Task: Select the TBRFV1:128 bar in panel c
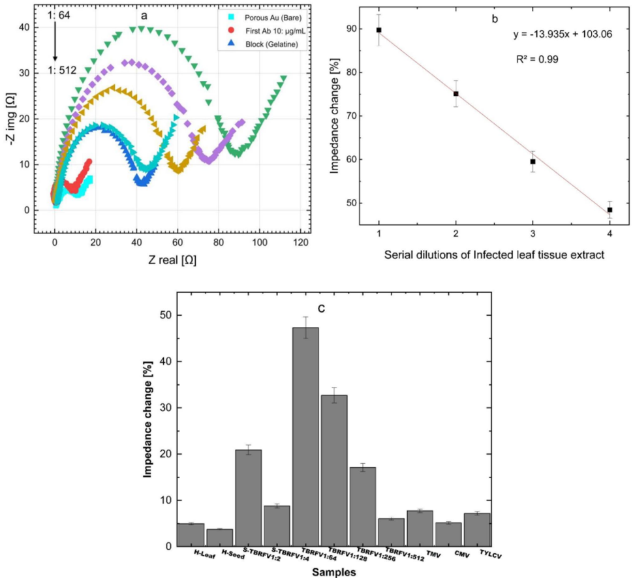[334, 470]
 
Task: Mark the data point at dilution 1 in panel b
[378, 30]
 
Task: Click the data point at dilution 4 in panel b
[610, 210]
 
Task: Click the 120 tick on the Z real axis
[301, 243]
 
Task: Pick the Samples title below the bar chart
[333, 572]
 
